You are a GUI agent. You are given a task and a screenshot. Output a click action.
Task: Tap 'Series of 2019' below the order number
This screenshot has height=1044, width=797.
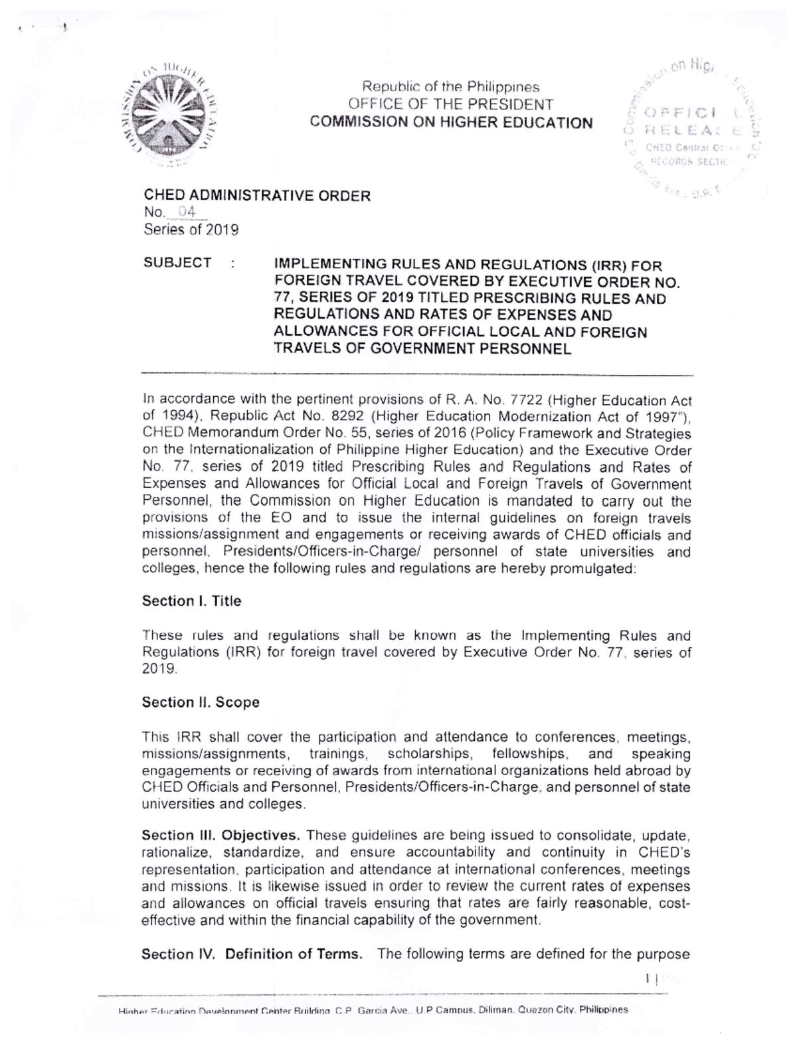tap(191, 230)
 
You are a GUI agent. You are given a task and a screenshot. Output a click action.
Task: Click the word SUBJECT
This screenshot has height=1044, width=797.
tap(177, 263)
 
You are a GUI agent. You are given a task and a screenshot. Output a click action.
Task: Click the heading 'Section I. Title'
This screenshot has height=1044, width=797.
tap(191, 601)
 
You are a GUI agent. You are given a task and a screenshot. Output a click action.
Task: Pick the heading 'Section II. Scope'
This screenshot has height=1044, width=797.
tap(201, 702)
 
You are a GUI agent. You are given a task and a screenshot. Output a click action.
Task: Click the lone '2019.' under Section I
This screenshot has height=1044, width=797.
tap(159, 669)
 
